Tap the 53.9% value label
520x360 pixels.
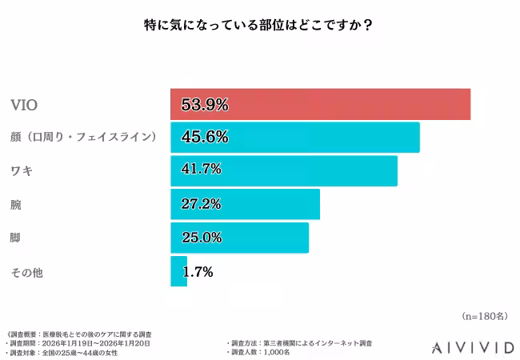click(x=205, y=104)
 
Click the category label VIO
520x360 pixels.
click(x=24, y=105)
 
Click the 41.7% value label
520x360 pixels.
click(x=201, y=170)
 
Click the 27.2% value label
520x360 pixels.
click(x=201, y=204)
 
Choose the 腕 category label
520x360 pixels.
click(x=15, y=205)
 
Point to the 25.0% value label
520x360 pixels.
click(x=201, y=238)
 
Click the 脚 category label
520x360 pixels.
click(x=15, y=238)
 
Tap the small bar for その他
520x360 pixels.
click(x=178, y=271)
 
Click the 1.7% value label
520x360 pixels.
click(x=198, y=271)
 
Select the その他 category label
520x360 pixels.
click(x=26, y=272)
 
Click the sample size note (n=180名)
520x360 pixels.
click(x=484, y=316)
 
